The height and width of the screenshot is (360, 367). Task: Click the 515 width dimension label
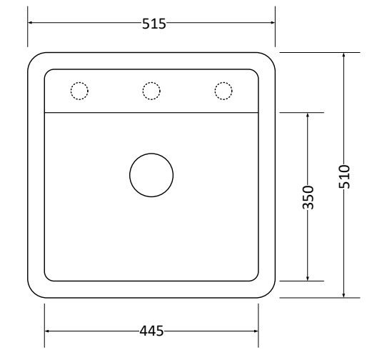coord(154,24)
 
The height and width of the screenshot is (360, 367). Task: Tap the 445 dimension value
coord(151,331)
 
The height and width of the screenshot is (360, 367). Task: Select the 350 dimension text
coord(308,198)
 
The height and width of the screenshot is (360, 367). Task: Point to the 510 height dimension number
coord(344,176)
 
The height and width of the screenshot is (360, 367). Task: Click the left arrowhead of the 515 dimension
coord(30,23)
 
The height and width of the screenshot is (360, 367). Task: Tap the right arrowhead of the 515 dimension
coord(273,23)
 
